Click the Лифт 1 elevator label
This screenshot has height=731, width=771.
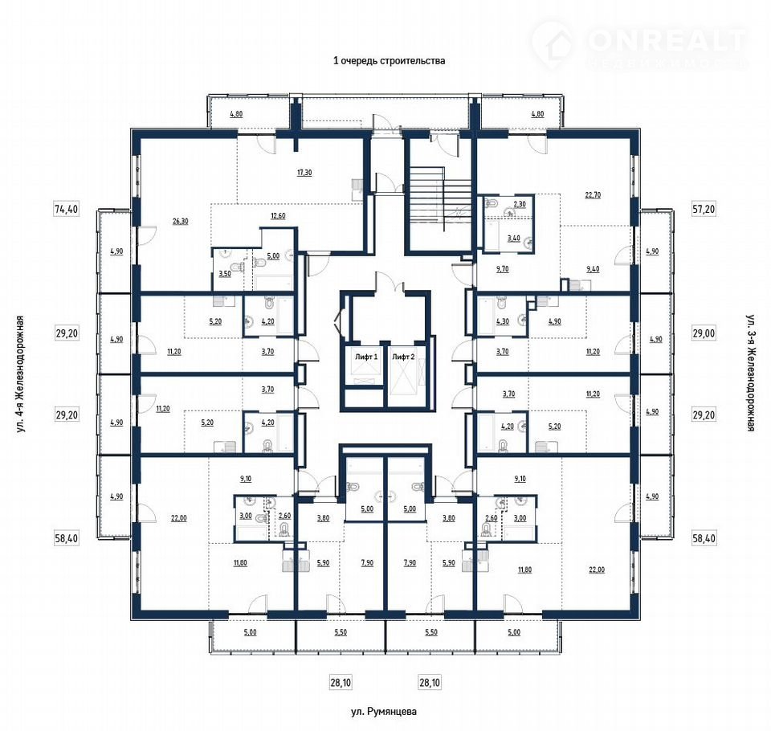click(366, 357)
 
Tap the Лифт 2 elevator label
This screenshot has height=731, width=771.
click(403, 357)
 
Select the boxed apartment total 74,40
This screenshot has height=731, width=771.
click(66, 209)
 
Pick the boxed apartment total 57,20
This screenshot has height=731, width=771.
click(704, 209)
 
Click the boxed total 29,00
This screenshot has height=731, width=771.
click(704, 333)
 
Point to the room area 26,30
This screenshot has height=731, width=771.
click(181, 222)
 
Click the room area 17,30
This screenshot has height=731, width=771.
click(304, 173)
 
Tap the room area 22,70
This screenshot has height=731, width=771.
click(593, 195)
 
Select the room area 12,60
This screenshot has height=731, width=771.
click(279, 215)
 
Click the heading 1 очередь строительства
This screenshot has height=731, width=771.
click(389, 61)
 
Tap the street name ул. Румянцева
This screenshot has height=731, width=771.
click(384, 712)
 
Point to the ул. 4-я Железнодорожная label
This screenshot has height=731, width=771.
click(20, 374)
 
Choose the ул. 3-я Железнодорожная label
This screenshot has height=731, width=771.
click(750, 373)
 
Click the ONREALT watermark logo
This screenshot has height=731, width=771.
click(639, 45)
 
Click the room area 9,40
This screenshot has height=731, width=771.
click(593, 269)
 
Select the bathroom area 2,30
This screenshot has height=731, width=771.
click(520, 204)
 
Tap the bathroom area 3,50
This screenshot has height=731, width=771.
click(225, 273)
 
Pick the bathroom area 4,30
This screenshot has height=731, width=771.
click(503, 321)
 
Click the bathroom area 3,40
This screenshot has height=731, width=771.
click(513, 238)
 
